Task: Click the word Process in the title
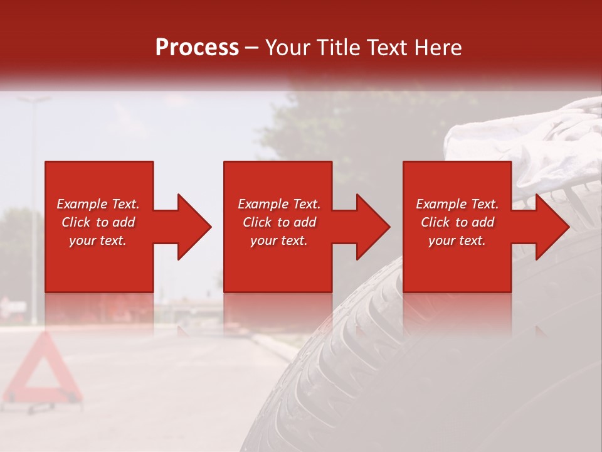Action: [x=197, y=48]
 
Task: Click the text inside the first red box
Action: [x=98, y=222]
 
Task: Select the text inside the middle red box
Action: [x=278, y=222]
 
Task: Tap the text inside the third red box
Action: [x=457, y=222]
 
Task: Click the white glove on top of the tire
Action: [x=527, y=144]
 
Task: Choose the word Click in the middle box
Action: [x=257, y=222]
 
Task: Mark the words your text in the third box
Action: [x=457, y=240]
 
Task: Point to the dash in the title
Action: [x=252, y=48]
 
